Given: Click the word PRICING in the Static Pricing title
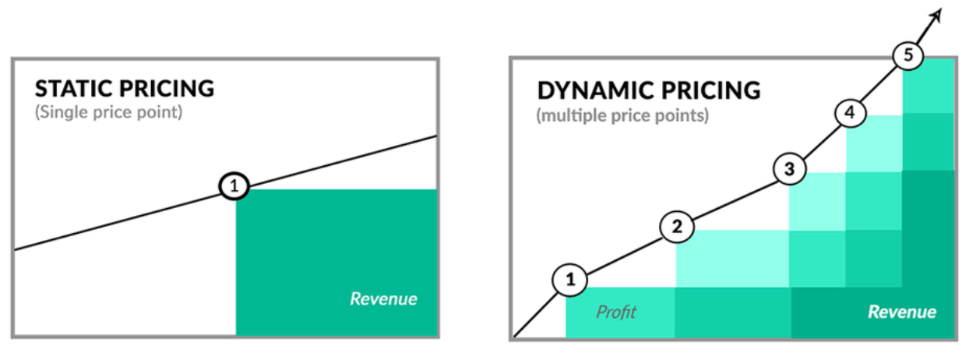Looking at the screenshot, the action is [167, 88].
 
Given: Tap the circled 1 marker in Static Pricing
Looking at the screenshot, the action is [234, 186].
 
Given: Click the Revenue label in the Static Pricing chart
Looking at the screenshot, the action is [383, 298].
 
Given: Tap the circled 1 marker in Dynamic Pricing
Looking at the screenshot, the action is [569, 281].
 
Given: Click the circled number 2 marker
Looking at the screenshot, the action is [677, 227].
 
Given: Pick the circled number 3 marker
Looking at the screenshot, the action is [789, 168].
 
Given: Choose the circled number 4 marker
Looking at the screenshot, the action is [850, 112].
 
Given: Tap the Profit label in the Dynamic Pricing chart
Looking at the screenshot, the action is [616, 312].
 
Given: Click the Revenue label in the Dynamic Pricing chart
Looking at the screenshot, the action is [902, 312].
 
